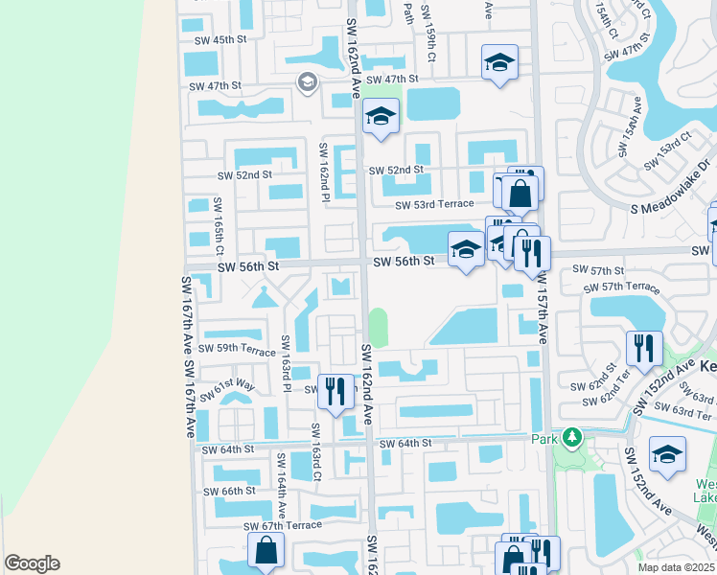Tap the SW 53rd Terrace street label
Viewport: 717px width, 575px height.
(436, 204)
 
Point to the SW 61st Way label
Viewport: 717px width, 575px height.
(234, 385)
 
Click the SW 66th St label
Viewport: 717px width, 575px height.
(229, 491)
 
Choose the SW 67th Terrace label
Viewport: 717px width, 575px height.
(283, 526)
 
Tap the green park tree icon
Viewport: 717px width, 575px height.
(572, 438)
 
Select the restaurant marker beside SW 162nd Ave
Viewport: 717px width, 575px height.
(335, 391)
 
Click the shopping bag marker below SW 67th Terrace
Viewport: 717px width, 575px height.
(266, 552)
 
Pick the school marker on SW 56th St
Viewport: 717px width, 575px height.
(466, 251)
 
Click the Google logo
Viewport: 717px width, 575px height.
(32, 563)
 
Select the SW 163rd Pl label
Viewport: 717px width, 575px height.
(286, 363)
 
